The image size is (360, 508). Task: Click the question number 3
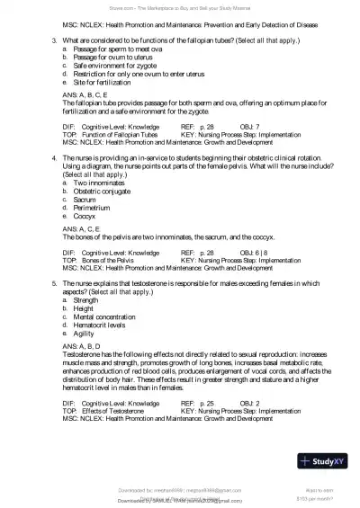click(x=55, y=40)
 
